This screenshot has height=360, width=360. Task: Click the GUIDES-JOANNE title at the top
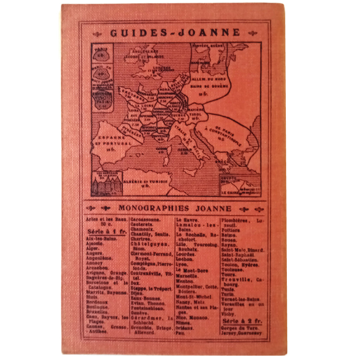click(x=175, y=33)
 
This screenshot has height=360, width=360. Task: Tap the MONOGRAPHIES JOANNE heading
click(x=175, y=208)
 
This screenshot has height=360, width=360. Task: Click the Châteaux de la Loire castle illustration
click(x=107, y=186)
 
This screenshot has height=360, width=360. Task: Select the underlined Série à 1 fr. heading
click(x=105, y=232)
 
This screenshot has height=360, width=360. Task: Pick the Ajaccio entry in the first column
click(x=95, y=243)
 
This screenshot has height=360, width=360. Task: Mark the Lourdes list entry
click(x=186, y=254)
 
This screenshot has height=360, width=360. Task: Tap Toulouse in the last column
click(x=232, y=270)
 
